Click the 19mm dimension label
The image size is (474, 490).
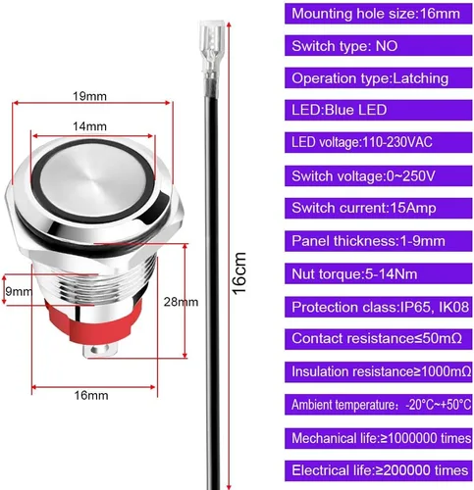(89, 96)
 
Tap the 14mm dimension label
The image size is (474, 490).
(89, 126)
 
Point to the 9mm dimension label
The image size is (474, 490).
(19, 291)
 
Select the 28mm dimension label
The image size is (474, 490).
(181, 302)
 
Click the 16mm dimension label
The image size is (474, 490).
(91, 395)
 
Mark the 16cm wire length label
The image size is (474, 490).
(239, 273)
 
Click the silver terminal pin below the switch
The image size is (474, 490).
(99, 351)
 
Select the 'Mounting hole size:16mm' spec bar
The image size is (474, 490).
(378, 14)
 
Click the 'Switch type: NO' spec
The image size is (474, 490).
(378, 46)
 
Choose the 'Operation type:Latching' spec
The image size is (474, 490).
(378, 78)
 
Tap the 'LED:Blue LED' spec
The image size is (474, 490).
(378, 110)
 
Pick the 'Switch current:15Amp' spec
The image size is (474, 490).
(378, 208)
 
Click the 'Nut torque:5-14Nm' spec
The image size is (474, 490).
(378, 273)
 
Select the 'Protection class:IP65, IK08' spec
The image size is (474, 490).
(378, 307)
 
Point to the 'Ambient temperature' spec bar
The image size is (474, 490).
(378, 405)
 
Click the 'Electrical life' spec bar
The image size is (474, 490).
(378, 470)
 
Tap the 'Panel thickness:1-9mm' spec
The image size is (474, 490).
(378, 241)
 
